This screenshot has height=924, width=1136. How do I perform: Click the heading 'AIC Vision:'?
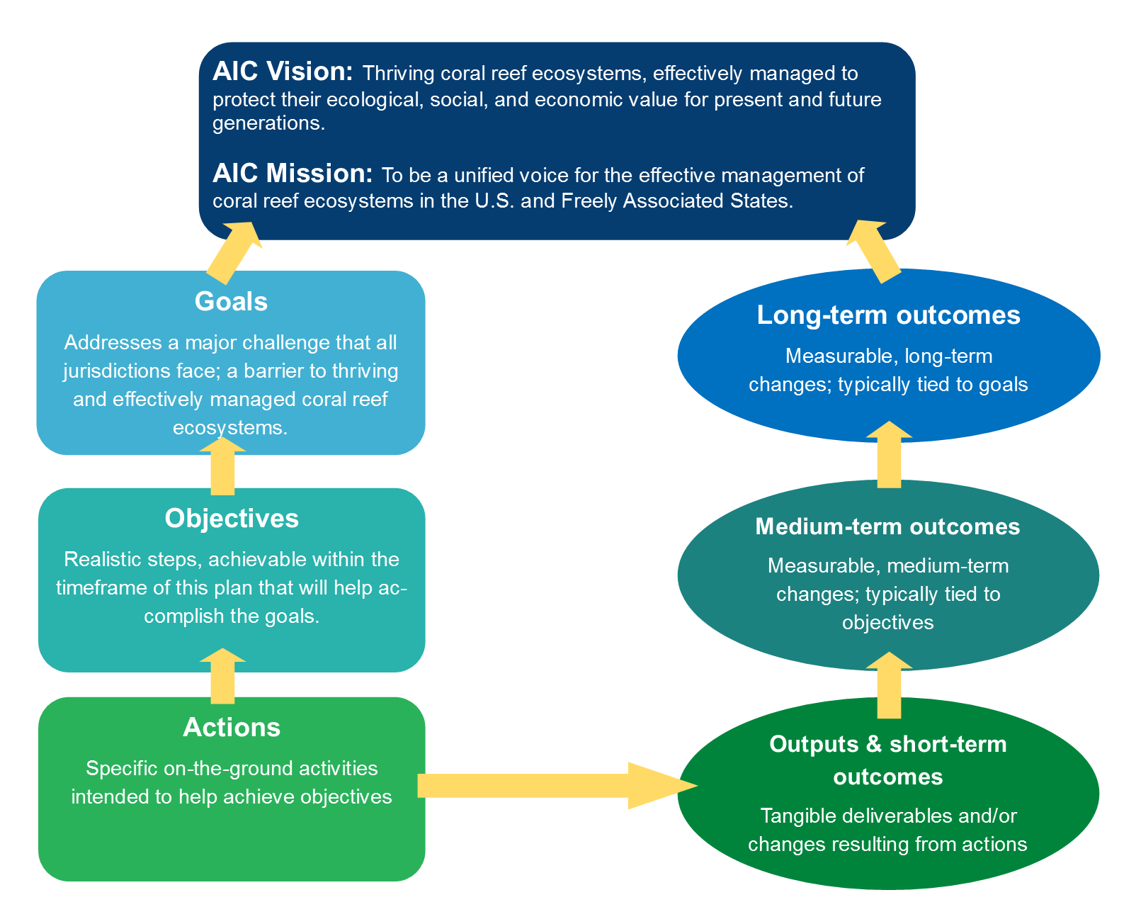(282, 72)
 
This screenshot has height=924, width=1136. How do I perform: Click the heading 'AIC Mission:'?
(292, 174)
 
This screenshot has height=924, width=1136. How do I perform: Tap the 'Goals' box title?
(231, 302)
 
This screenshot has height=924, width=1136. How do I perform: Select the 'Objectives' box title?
(232, 519)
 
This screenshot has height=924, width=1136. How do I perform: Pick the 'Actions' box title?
(232, 728)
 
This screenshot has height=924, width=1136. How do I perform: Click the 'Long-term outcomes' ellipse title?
(888, 315)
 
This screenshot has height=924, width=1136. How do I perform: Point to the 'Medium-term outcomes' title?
(887, 526)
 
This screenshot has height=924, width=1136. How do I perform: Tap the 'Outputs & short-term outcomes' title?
(888, 760)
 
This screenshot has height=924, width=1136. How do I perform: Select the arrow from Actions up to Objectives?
(222, 677)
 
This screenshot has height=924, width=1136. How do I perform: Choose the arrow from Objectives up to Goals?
(222, 467)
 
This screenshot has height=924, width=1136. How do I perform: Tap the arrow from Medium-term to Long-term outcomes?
(889, 456)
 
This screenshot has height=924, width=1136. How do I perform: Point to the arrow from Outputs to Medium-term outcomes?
(889, 686)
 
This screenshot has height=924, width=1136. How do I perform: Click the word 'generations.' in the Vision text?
(268, 123)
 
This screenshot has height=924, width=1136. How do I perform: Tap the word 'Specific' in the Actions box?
(121, 769)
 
